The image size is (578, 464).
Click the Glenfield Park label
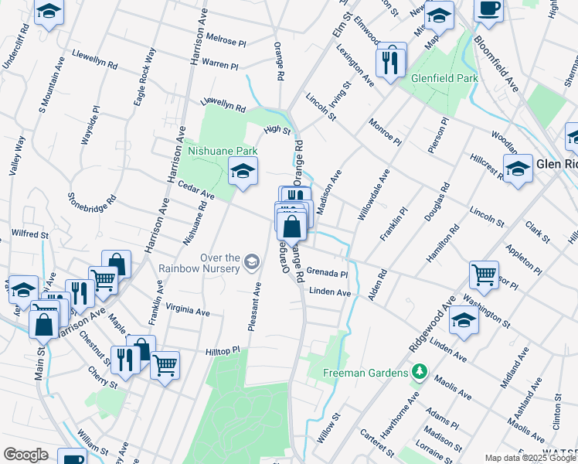coord(444,78)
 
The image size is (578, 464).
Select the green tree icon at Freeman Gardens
coord(419,374)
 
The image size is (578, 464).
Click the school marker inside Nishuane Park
coord(243,172)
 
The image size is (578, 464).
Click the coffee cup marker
coord(488,10)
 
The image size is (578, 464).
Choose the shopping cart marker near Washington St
coord(484,274)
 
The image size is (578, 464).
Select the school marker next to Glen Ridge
coord(518,169)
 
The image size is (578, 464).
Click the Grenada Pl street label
coord(327,273)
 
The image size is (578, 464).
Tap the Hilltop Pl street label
coord(223,352)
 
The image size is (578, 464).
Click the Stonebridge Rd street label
coord(92,210)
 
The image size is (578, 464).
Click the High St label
coord(277,131)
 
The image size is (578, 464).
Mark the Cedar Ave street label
coord(195,189)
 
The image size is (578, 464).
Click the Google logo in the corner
coord(25,455)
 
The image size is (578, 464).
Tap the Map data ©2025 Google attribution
coord(531,458)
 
